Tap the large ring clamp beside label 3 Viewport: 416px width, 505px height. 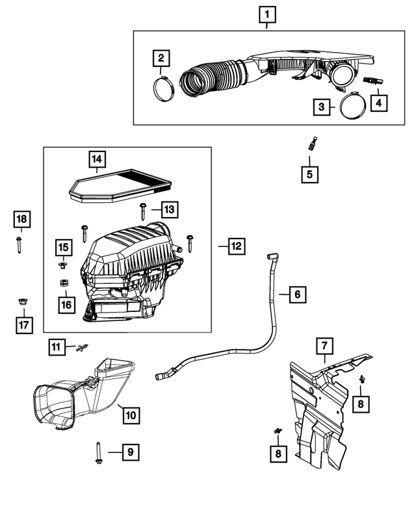[352, 107]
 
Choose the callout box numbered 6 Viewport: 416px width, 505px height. [296, 294]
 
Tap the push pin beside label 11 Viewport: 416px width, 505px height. [81, 349]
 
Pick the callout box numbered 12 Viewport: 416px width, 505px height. [236, 245]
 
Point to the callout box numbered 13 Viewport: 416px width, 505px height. [168, 209]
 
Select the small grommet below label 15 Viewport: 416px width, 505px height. [63, 265]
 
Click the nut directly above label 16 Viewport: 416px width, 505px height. [64, 283]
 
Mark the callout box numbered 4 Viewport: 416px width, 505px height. [378, 103]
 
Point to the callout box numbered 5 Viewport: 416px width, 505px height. [310, 174]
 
